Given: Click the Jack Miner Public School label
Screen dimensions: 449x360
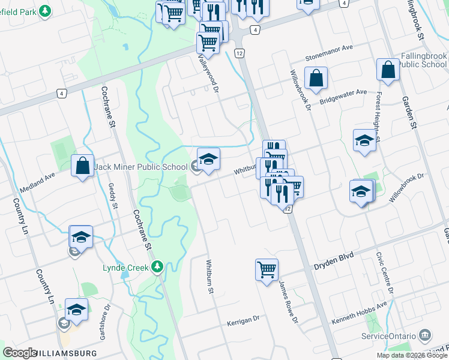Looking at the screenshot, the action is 140,166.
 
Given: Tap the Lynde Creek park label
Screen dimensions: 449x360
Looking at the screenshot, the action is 125,267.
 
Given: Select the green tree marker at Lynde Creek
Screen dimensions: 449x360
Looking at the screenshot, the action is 157,266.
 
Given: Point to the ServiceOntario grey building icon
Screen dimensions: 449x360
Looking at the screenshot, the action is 426,334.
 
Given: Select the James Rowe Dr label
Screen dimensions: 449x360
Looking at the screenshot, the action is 288,303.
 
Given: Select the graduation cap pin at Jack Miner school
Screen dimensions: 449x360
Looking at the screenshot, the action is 208,159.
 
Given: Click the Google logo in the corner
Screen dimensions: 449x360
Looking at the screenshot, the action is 19,353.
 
